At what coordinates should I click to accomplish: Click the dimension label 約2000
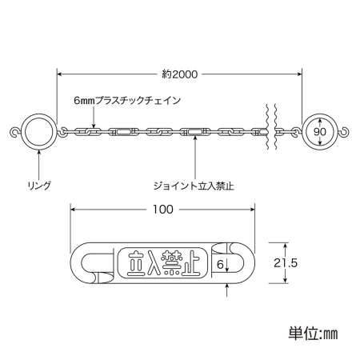click(180, 74)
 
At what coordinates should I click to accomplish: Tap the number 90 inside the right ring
click(319, 132)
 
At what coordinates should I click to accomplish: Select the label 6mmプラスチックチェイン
click(127, 101)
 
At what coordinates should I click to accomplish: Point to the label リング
click(39, 186)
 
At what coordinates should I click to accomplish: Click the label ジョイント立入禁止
click(194, 186)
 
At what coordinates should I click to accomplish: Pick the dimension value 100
click(163, 210)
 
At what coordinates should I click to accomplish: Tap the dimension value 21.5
click(286, 263)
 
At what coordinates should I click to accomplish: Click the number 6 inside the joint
click(220, 264)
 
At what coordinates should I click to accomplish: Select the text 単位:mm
click(313, 334)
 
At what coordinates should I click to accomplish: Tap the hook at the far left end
click(15, 132)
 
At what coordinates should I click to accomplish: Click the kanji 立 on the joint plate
click(135, 263)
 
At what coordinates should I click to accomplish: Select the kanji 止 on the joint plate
click(190, 263)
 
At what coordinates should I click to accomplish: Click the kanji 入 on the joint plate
click(153, 263)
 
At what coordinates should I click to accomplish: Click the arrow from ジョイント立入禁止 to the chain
click(195, 158)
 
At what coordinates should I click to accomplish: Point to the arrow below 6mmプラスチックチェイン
click(94, 118)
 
